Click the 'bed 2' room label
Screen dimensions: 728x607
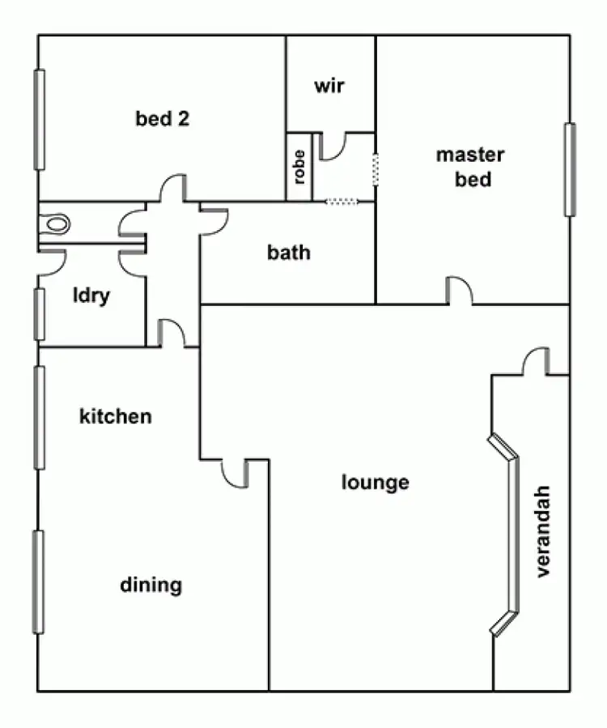pos(163,119)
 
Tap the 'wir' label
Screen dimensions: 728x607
pos(329,85)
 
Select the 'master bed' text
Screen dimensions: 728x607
pos(470,167)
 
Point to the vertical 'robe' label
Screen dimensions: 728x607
pos(299,167)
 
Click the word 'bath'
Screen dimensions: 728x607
pos(288,253)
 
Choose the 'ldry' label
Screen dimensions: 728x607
pos(91,296)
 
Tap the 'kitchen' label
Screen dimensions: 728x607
pos(115,417)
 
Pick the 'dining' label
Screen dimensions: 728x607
pos(151,585)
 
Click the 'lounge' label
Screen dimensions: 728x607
pos(375,483)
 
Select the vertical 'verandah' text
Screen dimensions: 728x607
pos(542,531)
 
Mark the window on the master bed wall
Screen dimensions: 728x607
pos(570,169)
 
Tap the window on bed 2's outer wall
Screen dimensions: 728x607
pos(39,120)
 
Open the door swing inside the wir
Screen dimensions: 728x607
pos(333,146)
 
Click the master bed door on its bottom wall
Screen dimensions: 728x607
pos(459,292)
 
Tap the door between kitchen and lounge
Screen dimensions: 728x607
pos(235,473)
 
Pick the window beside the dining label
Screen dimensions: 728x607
pos(38,581)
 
